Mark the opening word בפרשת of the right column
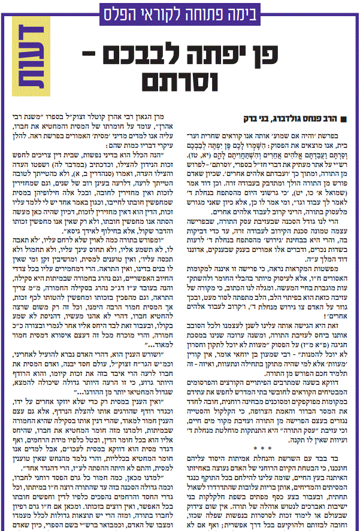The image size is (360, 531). (x=343, y=129)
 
